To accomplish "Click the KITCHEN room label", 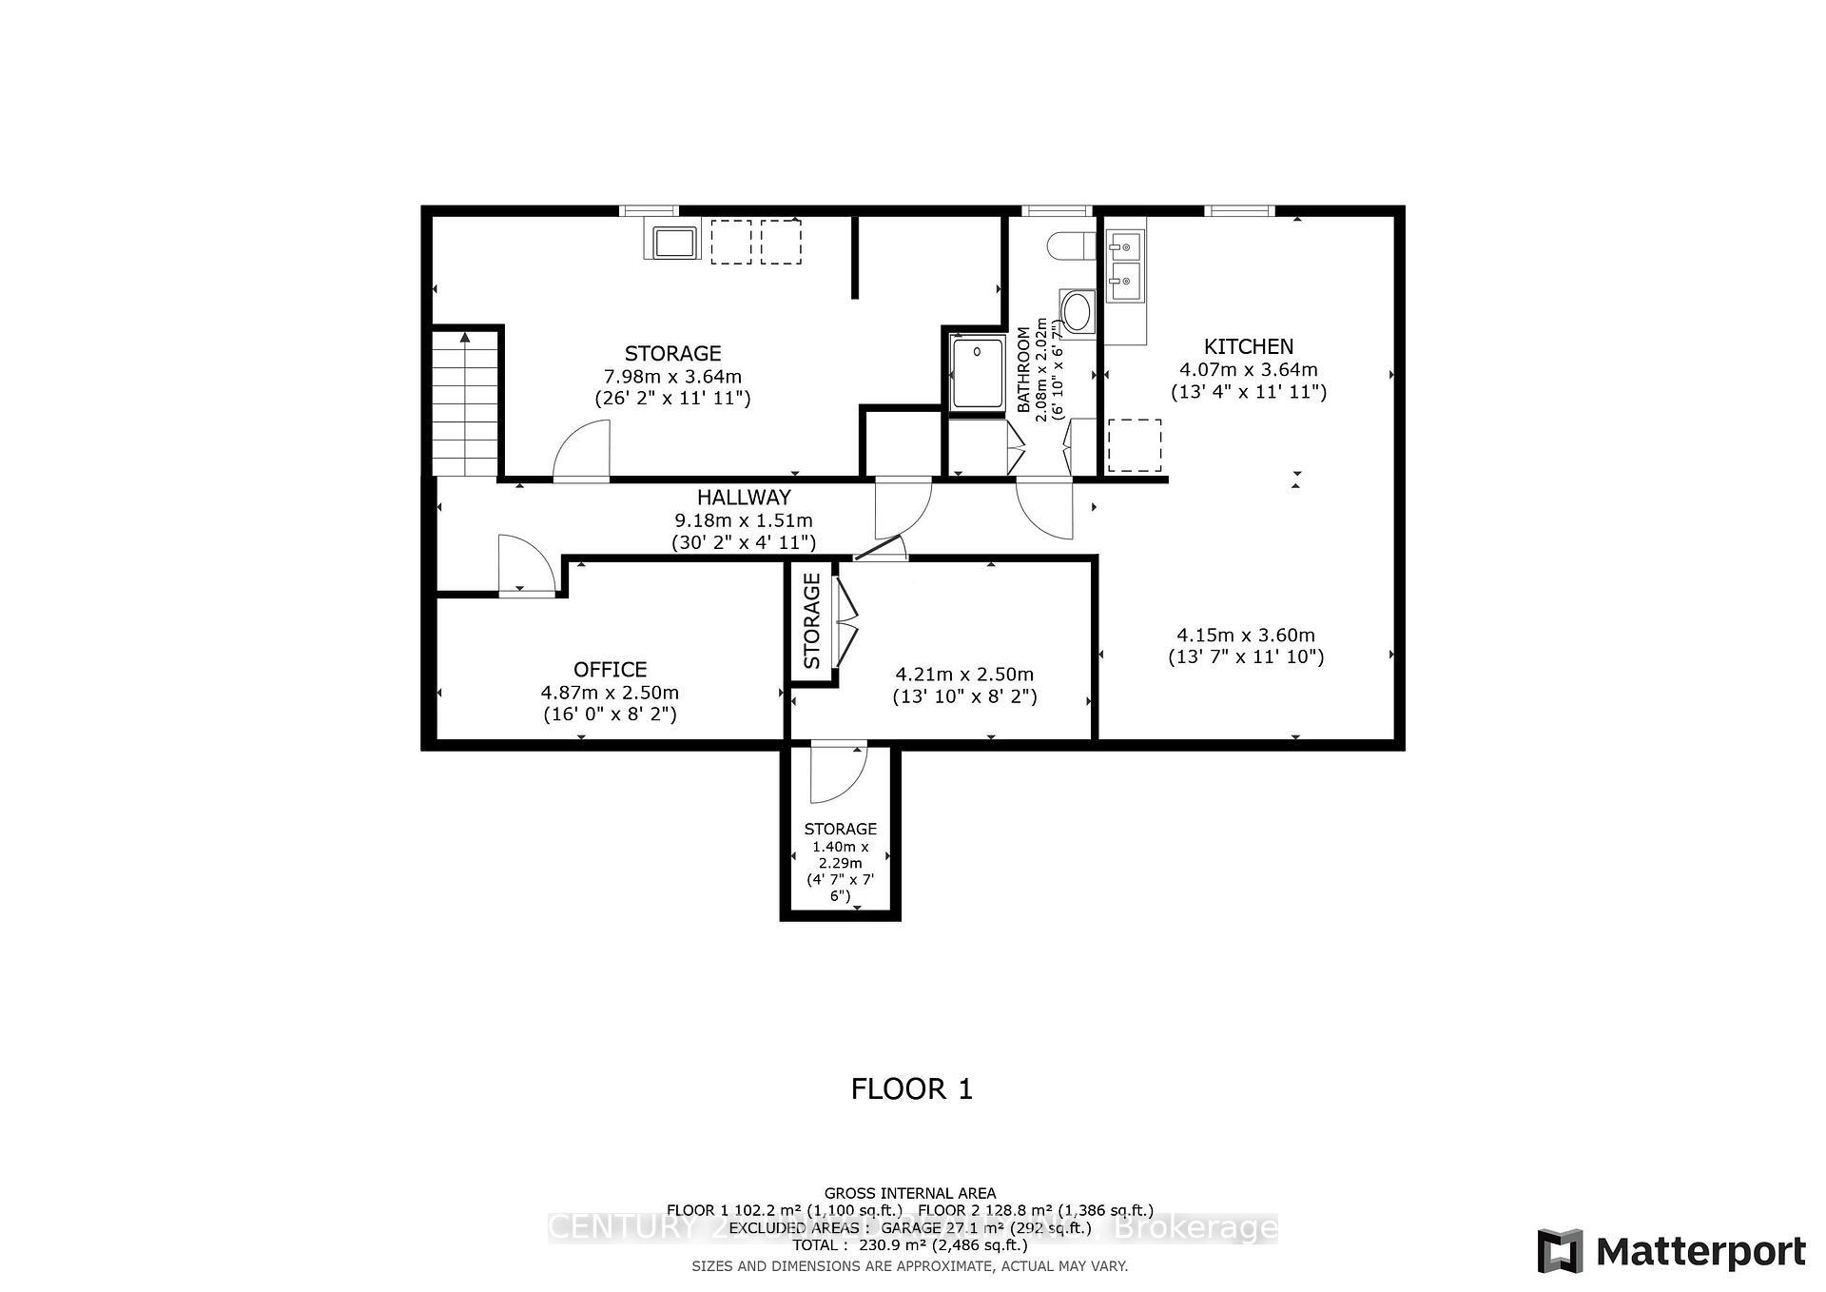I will pyautogui.click(x=1248, y=346).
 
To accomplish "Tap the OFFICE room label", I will pyautogui.click(x=610, y=669).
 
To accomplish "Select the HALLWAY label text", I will pyautogui.click(x=743, y=497).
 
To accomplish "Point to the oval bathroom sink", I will pyautogui.click(x=1078, y=311).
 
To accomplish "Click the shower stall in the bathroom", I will pyautogui.click(x=978, y=373).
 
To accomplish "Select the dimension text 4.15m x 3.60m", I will pyautogui.click(x=1246, y=635).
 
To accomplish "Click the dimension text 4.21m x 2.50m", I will pyautogui.click(x=964, y=674).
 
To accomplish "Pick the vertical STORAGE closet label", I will pyautogui.click(x=811, y=620).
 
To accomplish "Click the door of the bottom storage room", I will pyautogui.click(x=837, y=773).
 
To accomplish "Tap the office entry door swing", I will pyautogui.click(x=525, y=564).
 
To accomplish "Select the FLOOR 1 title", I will pyautogui.click(x=912, y=1088).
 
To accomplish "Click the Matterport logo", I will pyautogui.click(x=1671, y=1250).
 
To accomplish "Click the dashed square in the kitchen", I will pyautogui.click(x=1134, y=445).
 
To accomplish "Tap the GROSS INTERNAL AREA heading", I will pyautogui.click(x=909, y=1193).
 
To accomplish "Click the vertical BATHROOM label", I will pyautogui.click(x=1024, y=369).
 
